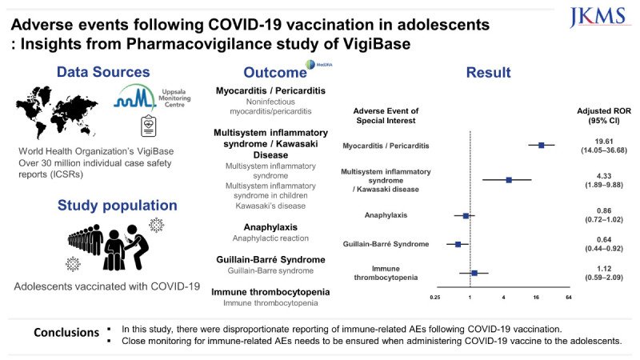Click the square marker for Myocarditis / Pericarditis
point(542,145)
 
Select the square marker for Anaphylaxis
point(466,215)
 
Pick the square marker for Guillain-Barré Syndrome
point(458,244)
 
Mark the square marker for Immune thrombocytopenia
point(474,273)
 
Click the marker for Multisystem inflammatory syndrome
point(509,180)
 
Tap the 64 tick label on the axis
point(568,297)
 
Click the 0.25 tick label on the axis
point(435,297)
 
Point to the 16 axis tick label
point(536,297)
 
